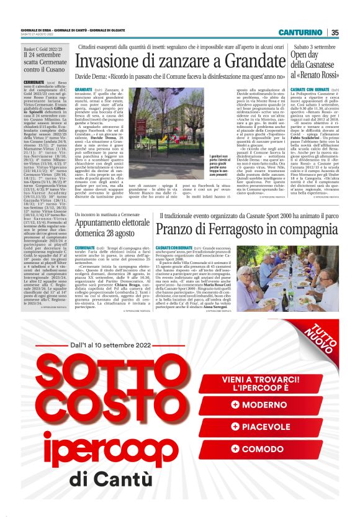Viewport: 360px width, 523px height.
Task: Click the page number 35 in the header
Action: coord(335,32)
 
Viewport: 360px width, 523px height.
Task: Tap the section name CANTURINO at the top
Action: coord(300,32)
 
